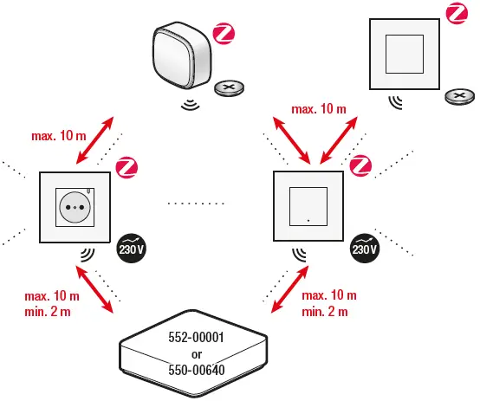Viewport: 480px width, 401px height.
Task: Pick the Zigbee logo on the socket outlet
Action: coord(127,166)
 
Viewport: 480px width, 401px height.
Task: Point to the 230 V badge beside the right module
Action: coord(365,248)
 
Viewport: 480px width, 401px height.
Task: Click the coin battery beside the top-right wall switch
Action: coord(459,96)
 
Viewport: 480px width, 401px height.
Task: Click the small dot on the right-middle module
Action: coord(308,227)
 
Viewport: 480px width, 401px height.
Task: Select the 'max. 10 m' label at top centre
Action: coord(318,108)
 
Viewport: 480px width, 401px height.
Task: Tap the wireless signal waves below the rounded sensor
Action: coord(190,106)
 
